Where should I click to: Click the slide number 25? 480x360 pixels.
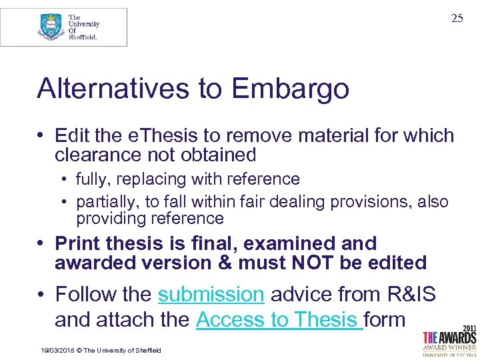(x=457, y=19)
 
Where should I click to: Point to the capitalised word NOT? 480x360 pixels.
(x=313, y=263)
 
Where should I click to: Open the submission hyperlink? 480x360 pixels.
(x=211, y=294)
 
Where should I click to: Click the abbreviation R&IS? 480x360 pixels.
(x=413, y=294)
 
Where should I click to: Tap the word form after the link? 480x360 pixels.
(x=385, y=319)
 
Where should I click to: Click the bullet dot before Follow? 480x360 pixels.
(x=42, y=294)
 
